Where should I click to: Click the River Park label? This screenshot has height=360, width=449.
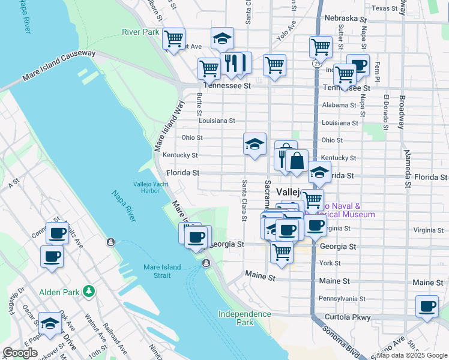(x=140, y=31)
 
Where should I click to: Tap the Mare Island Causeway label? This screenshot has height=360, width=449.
(x=59, y=66)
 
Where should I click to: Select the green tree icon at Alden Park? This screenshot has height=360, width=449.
(x=89, y=292)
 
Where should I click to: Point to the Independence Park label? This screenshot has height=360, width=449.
(x=244, y=318)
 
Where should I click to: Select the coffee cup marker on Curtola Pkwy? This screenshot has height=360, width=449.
(x=427, y=307)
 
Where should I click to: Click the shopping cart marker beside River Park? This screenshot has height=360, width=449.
(x=173, y=40)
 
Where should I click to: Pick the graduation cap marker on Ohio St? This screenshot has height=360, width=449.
(x=255, y=145)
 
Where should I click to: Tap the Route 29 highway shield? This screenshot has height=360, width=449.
(x=316, y=62)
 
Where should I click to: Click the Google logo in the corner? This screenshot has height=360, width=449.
(x=20, y=353)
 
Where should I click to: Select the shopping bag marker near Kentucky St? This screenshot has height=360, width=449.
(x=297, y=161)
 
